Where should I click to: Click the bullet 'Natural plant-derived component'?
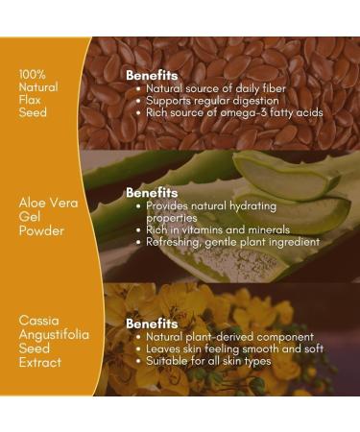tap(229, 338)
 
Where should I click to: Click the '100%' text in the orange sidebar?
tap(32, 73)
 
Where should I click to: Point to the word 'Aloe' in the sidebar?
tap(30, 204)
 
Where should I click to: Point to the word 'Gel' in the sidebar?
tap(29, 217)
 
